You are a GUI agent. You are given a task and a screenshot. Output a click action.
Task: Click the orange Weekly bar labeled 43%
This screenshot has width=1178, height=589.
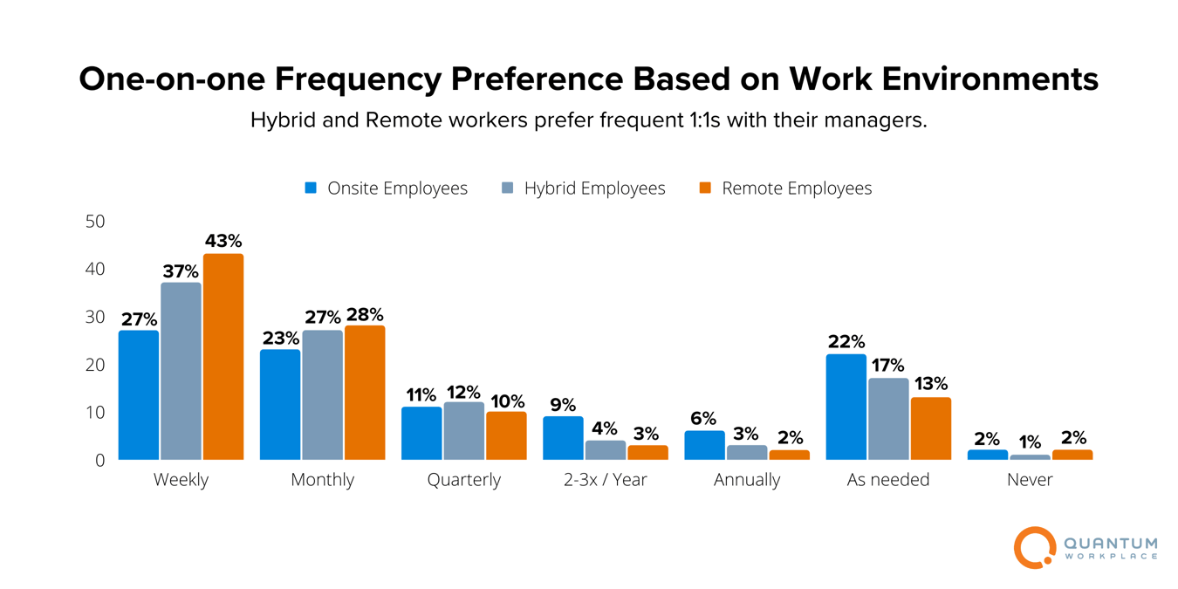coord(223,357)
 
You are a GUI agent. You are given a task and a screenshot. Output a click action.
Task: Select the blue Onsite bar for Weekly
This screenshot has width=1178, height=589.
coord(139,395)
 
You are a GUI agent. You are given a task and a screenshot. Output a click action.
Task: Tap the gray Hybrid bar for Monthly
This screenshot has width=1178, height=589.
coord(323,395)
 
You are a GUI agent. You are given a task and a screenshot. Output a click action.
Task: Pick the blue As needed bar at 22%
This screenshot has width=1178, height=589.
coord(846,408)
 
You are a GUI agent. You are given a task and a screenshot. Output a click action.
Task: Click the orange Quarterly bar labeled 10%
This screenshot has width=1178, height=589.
coord(506,436)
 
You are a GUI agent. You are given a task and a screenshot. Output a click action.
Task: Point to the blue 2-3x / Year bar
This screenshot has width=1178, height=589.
coord(563,438)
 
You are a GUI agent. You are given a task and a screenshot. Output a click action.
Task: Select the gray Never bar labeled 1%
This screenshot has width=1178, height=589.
coord(1030,456)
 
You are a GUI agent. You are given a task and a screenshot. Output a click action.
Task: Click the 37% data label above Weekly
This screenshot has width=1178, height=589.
coord(181,271)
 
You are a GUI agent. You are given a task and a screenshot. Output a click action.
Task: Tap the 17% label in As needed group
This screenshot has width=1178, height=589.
coord(888,366)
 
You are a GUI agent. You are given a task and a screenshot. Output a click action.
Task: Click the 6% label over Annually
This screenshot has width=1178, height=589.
coord(703,419)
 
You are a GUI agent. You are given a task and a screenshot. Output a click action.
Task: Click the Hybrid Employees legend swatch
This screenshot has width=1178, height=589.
coord(508,188)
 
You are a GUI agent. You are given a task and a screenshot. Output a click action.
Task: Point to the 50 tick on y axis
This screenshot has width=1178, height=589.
coord(94,222)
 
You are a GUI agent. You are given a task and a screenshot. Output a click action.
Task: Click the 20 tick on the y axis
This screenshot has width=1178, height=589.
coord(94,365)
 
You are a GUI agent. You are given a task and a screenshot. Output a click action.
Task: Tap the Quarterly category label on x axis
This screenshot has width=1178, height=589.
coord(464,480)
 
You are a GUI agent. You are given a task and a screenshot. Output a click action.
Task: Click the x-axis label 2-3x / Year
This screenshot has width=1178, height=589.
coord(606,480)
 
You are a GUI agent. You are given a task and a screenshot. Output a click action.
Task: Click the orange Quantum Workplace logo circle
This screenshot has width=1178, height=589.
coord(1034,548)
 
